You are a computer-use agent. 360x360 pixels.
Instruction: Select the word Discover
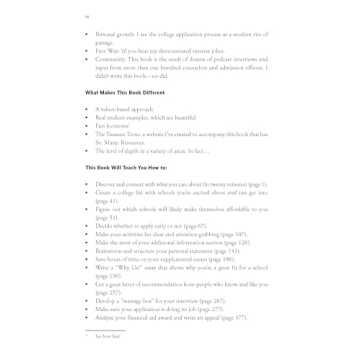click(x=107, y=184)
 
